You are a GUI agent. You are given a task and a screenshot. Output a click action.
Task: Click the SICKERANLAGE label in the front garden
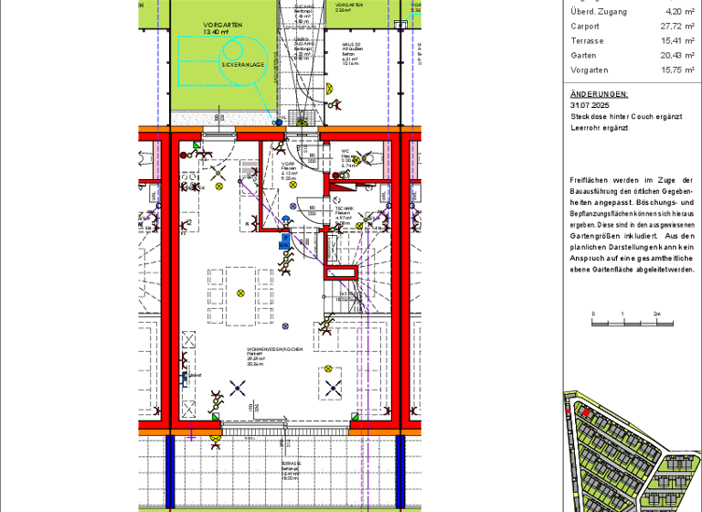[x=243, y=65]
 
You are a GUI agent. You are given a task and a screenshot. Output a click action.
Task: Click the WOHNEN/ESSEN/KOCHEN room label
[x=274, y=350]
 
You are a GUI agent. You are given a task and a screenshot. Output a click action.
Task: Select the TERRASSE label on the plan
[x=292, y=464]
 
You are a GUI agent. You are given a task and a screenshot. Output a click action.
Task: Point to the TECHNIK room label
[x=344, y=208]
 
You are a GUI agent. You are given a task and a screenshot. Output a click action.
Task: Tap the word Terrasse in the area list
[x=586, y=41]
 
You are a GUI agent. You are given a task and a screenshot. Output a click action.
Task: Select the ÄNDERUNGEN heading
[x=599, y=93]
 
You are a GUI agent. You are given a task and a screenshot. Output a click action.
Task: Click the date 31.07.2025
[x=588, y=105]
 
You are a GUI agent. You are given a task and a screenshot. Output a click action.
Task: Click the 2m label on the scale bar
[x=656, y=314]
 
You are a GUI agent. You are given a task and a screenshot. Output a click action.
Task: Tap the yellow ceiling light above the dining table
[x=241, y=293]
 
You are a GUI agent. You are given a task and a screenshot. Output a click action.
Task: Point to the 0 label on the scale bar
[x=593, y=314]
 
